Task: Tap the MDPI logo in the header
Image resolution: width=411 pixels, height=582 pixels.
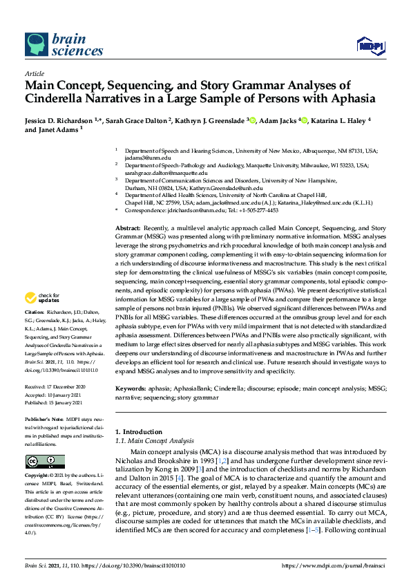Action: (x=370, y=46)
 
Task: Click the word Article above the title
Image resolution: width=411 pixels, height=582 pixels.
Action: (x=35, y=73)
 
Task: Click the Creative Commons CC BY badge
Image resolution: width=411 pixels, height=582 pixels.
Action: (x=45, y=461)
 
